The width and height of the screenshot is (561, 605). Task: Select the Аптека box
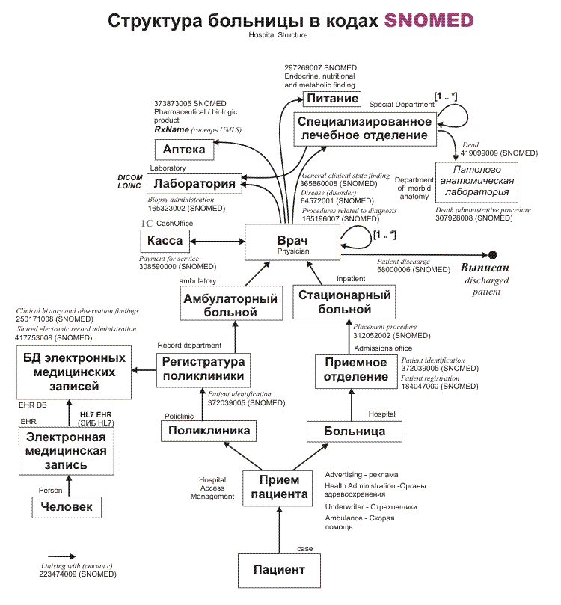183,149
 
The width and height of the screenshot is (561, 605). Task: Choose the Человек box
67,507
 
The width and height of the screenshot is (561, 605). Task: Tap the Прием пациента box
278,487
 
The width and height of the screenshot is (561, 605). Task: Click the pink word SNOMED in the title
429,20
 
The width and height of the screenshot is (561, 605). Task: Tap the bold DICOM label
130,177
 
